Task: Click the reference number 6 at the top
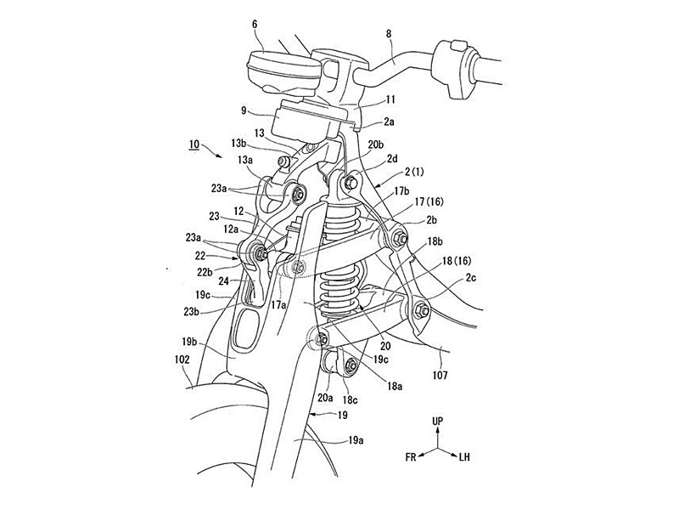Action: pos(255,25)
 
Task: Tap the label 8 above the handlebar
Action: pos(388,34)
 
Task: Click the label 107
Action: pos(440,375)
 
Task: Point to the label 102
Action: pos(182,360)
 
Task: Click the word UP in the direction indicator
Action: pos(438,421)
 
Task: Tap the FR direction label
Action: pos(411,457)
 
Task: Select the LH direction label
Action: pos(463,456)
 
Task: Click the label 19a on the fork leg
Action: pos(355,440)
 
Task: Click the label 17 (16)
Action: pos(429,201)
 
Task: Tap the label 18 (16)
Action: pos(457,261)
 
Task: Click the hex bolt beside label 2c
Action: pos(421,310)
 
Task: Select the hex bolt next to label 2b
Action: pos(399,238)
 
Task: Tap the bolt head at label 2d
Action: pos(350,183)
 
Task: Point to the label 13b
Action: pos(239,144)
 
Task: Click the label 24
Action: pos(223,281)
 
